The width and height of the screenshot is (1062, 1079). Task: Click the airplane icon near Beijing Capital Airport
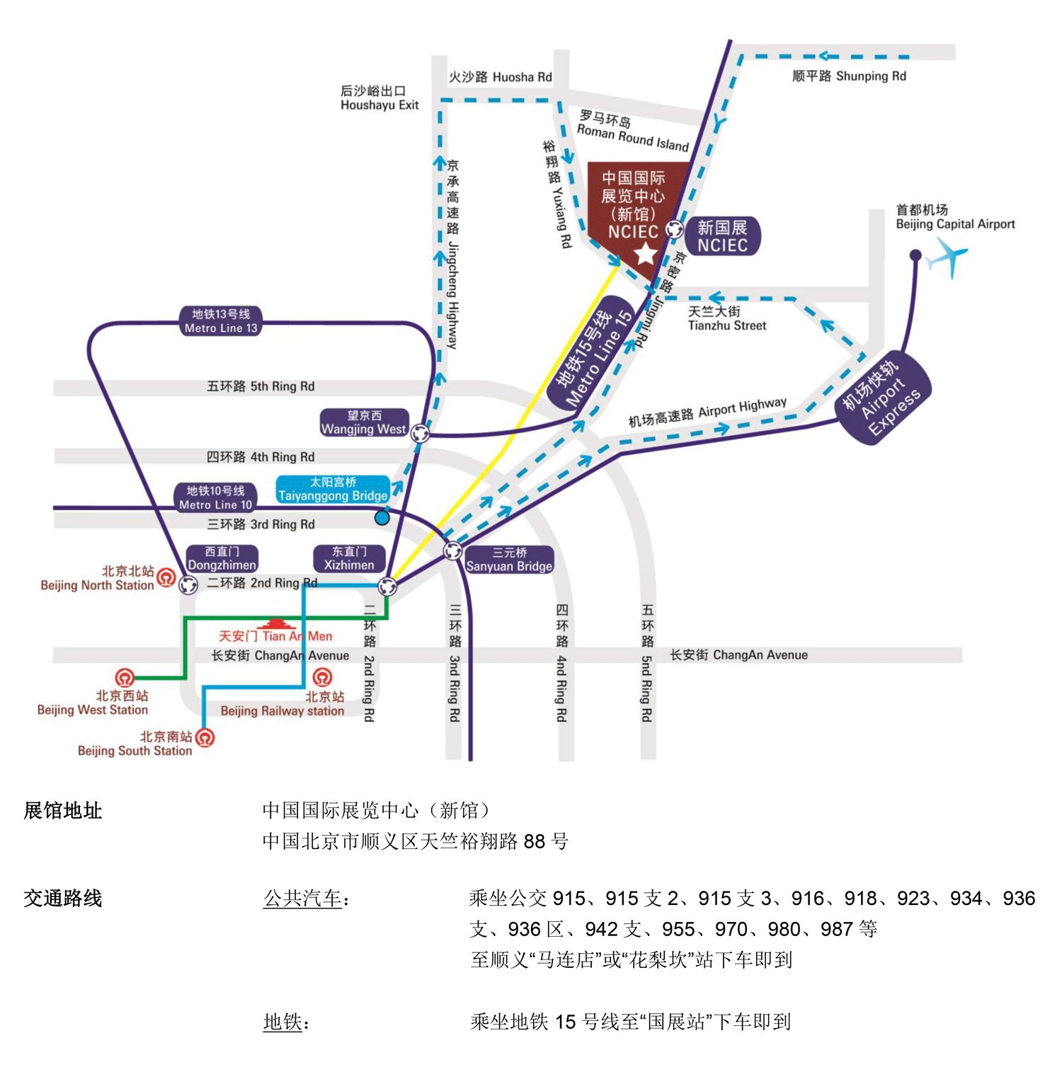[x=949, y=257]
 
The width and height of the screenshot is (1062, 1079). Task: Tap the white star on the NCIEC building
[x=645, y=253]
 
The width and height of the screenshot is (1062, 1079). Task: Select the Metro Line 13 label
[x=222, y=321]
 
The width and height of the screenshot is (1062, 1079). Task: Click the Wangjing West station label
[x=364, y=422]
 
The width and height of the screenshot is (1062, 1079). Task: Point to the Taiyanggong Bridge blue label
[x=333, y=489]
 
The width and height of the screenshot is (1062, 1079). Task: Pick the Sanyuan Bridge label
[x=509, y=560]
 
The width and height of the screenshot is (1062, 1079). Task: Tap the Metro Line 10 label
[x=215, y=497]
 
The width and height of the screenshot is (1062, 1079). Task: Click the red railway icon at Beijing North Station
[x=166, y=577]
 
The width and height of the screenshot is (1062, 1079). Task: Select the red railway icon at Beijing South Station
[x=205, y=737]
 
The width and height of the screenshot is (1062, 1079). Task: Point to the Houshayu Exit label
[x=379, y=98]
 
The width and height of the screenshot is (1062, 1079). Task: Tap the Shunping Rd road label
[x=849, y=76]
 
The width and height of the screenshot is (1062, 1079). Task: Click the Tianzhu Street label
[x=726, y=318]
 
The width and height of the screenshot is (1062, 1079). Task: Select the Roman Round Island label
[x=632, y=132]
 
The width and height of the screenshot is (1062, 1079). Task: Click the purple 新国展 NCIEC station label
[x=722, y=236]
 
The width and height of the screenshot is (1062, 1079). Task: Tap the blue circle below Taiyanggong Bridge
[x=382, y=517]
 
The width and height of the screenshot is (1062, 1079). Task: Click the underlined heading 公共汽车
[x=303, y=899]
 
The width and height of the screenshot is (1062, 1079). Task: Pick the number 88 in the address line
[x=535, y=841]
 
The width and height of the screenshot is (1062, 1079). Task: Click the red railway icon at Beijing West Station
[x=125, y=679]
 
